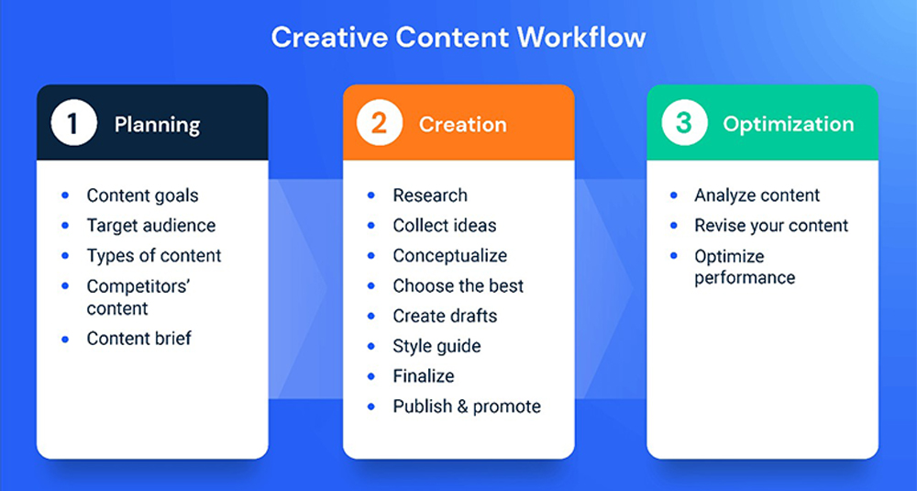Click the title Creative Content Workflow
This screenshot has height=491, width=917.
tap(458, 38)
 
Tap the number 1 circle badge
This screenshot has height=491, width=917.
tap(73, 123)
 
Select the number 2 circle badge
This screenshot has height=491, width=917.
tap(380, 123)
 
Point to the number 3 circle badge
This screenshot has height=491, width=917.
tap(684, 123)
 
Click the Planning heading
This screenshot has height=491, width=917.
tap(158, 125)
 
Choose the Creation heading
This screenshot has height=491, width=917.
tap(462, 124)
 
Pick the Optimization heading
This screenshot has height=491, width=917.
tap(789, 125)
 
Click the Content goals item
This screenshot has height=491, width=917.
tap(143, 195)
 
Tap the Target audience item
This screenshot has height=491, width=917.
tap(151, 226)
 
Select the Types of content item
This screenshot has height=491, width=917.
tap(154, 256)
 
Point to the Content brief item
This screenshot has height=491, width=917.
tap(139, 339)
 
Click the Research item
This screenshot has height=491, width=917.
tap(430, 195)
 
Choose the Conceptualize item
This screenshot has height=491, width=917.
tap(450, 256)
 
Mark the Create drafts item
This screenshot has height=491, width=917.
tap(445, 316)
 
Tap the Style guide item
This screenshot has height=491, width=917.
tap(436, 346)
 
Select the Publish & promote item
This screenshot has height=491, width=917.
tap(468, 407)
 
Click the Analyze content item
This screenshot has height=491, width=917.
tap(757, 195)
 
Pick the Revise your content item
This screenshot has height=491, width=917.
tap(771, 226)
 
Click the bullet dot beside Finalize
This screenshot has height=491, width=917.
tap(371, 376)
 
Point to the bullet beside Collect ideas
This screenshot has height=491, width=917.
tap(371, 226)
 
